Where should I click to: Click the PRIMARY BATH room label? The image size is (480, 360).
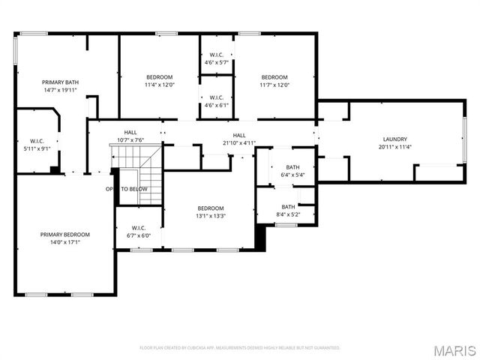point(60,82)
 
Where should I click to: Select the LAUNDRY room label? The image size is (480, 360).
point(394,139)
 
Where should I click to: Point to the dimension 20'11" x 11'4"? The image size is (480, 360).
point(394,146)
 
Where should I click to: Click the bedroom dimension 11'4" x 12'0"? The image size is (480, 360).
point(159,85)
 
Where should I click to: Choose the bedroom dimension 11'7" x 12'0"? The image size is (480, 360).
point(274,85)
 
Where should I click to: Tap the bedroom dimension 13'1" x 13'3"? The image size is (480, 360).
point(211,215)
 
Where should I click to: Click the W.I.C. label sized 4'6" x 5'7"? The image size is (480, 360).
point(216,55)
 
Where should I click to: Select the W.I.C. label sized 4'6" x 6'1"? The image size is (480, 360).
point(216,97)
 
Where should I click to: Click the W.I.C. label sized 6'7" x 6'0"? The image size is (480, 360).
point(138,228)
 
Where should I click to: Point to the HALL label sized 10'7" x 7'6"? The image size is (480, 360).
point(130,133)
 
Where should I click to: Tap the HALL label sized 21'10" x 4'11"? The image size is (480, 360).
point(239,135)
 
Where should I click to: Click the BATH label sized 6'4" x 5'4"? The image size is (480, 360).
point(292,167)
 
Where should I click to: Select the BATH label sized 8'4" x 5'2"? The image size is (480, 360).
point(288,207)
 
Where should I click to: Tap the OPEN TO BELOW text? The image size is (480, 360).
point(126,189)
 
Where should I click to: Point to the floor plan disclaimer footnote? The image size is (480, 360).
point(240,348)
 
